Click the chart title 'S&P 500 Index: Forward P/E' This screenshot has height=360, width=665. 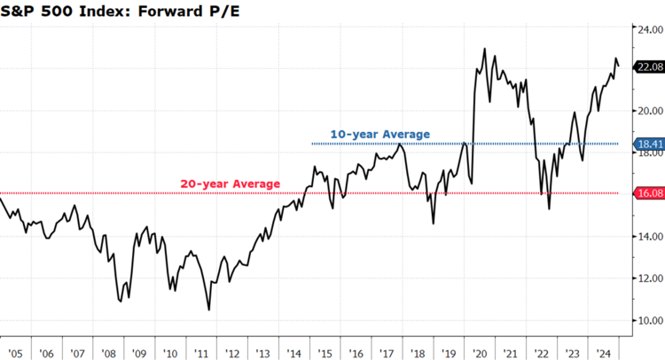click(106, 12)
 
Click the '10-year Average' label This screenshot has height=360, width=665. click(379, 134)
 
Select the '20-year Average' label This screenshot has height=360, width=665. click(231, 184)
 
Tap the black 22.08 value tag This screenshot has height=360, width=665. click(650, 67)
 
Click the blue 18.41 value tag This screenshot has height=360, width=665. click(650, 143)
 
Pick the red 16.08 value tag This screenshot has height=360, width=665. click(650, 192)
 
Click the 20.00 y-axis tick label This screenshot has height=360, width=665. click(649, 111)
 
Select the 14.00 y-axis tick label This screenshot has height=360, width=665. click(649, 237)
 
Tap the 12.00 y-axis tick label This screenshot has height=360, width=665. click(649, 278)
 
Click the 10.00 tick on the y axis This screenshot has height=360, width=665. click(649, 320)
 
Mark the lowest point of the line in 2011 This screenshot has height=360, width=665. click(208, 309)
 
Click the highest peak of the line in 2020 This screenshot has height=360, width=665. click(484, 49)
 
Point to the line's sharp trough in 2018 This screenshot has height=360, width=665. click(434, 223)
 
